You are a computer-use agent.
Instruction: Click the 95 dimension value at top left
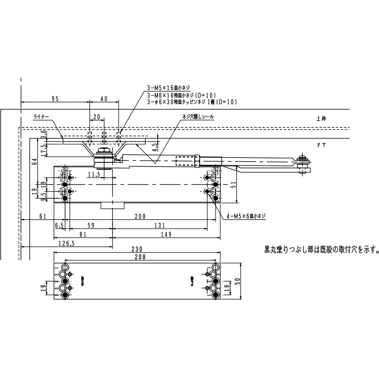pyautogui.click(x=55, y=99)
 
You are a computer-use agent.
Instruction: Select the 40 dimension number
pyautogui.click(x=104, y=99)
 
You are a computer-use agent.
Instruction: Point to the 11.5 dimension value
pyautogui.click(x=94, y=174)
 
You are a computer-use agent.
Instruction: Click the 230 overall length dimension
pyautogui.click(x=137, y=249)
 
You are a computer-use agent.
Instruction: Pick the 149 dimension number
pyautogui.click(x=166, y=234)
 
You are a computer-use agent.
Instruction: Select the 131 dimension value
pyautogui.click(x=159, y=225)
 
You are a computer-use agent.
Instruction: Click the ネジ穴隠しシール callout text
pyautogui.click(x=198, y=117)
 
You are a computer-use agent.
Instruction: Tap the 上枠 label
pyautogui.click(x=321, y=119)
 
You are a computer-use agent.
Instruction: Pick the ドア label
pyautogui.click(x=321, y=145)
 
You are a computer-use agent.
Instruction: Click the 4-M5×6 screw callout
pyautogui.click(x=246, y=216)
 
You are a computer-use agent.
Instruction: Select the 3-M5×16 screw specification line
pyautogui.click(x=168, y=88)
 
